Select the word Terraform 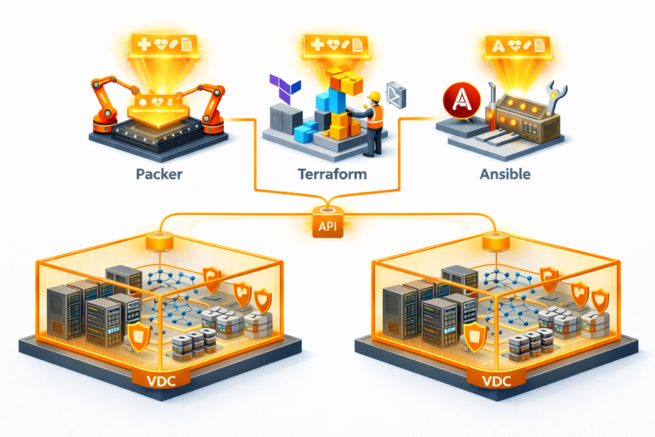(327, 173)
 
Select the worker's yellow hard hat (374, 97)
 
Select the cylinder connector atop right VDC (494, 242)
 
